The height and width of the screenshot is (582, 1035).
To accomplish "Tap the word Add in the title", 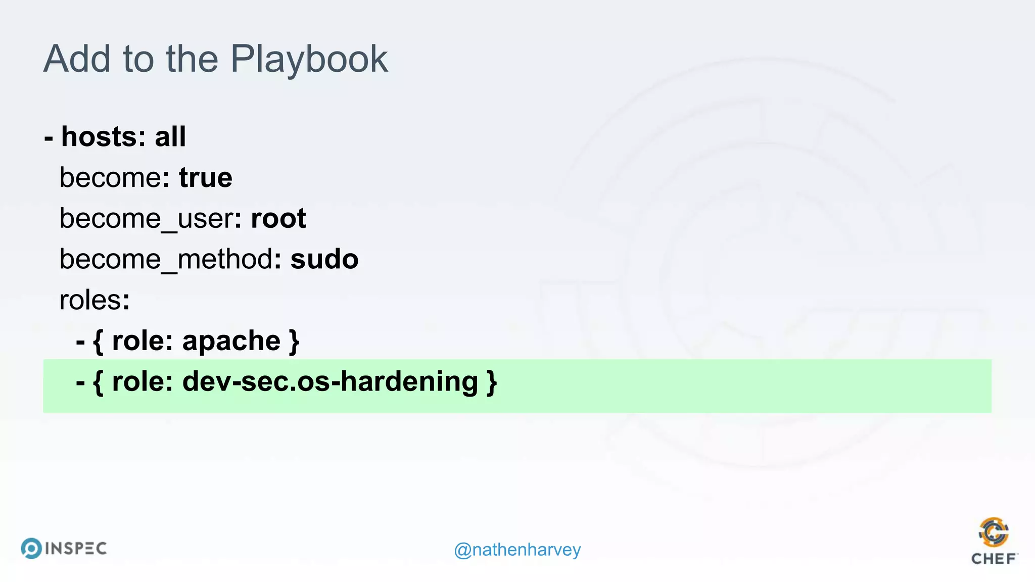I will click(x=77, y=59).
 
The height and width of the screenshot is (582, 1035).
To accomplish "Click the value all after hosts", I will click(x=170, y=137).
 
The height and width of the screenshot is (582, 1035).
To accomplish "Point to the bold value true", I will click(x=206, y=178).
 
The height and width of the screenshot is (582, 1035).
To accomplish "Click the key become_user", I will click(x=147, y=219).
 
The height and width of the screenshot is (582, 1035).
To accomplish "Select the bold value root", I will click(x=278, y=219).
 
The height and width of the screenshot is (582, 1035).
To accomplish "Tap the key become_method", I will click(x=166, y=260).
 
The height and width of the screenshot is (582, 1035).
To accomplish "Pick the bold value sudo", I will click(x=324, y=260).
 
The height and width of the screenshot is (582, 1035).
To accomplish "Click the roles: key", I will click(x=95, y=300).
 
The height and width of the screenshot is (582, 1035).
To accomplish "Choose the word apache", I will click(x=231, y=341).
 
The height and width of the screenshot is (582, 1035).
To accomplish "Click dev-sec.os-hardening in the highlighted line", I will click(x=330, y=381).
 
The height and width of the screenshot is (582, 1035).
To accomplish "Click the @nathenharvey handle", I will click(x=517, y=549).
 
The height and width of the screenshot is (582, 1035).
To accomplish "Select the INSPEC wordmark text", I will click(x=76, y=549).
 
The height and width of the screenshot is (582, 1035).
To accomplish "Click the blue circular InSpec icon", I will click(x=31, y=548).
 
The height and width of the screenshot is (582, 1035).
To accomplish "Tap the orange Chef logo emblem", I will click(x=994, y=532).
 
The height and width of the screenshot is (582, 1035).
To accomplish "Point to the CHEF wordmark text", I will click(x=994, y=559).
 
